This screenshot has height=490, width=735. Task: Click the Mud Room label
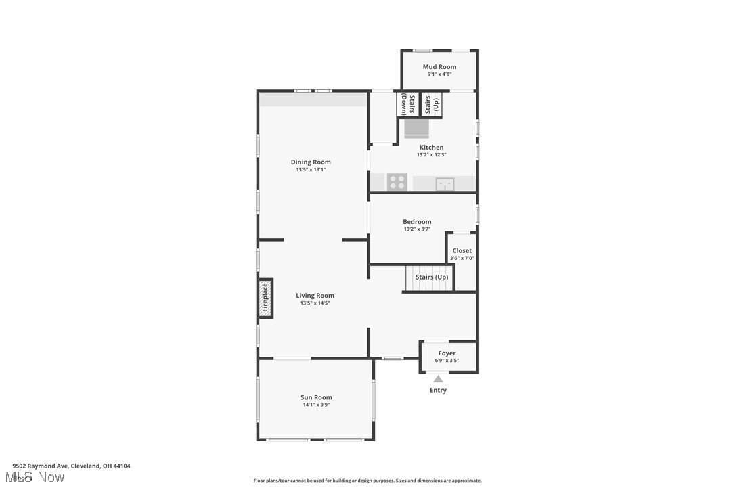click(439, 66)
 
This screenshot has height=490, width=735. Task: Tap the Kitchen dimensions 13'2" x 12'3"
click(431, 155)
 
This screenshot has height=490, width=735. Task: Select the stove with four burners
click(397, 182)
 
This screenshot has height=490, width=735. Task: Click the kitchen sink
click(445, 183)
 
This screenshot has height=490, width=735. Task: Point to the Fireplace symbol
click(265, 298)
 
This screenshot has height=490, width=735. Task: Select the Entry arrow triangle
click(439, 379)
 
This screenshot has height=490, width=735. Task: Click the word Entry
click(439, 391)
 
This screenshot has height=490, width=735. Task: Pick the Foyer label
click(447, 353)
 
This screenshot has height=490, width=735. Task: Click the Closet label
click(462, 250)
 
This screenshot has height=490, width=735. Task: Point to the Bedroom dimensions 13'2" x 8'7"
click(417, 229)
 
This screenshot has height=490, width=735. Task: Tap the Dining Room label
click(311, 162)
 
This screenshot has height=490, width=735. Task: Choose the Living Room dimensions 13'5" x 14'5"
click(315, 303)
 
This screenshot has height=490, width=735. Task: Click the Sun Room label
click(316, 397)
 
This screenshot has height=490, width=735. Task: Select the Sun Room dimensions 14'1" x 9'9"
click(316, 405)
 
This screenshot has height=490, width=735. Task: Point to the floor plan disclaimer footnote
click(367, 481)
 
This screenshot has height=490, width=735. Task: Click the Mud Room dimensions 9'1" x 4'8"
click(439, 74)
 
